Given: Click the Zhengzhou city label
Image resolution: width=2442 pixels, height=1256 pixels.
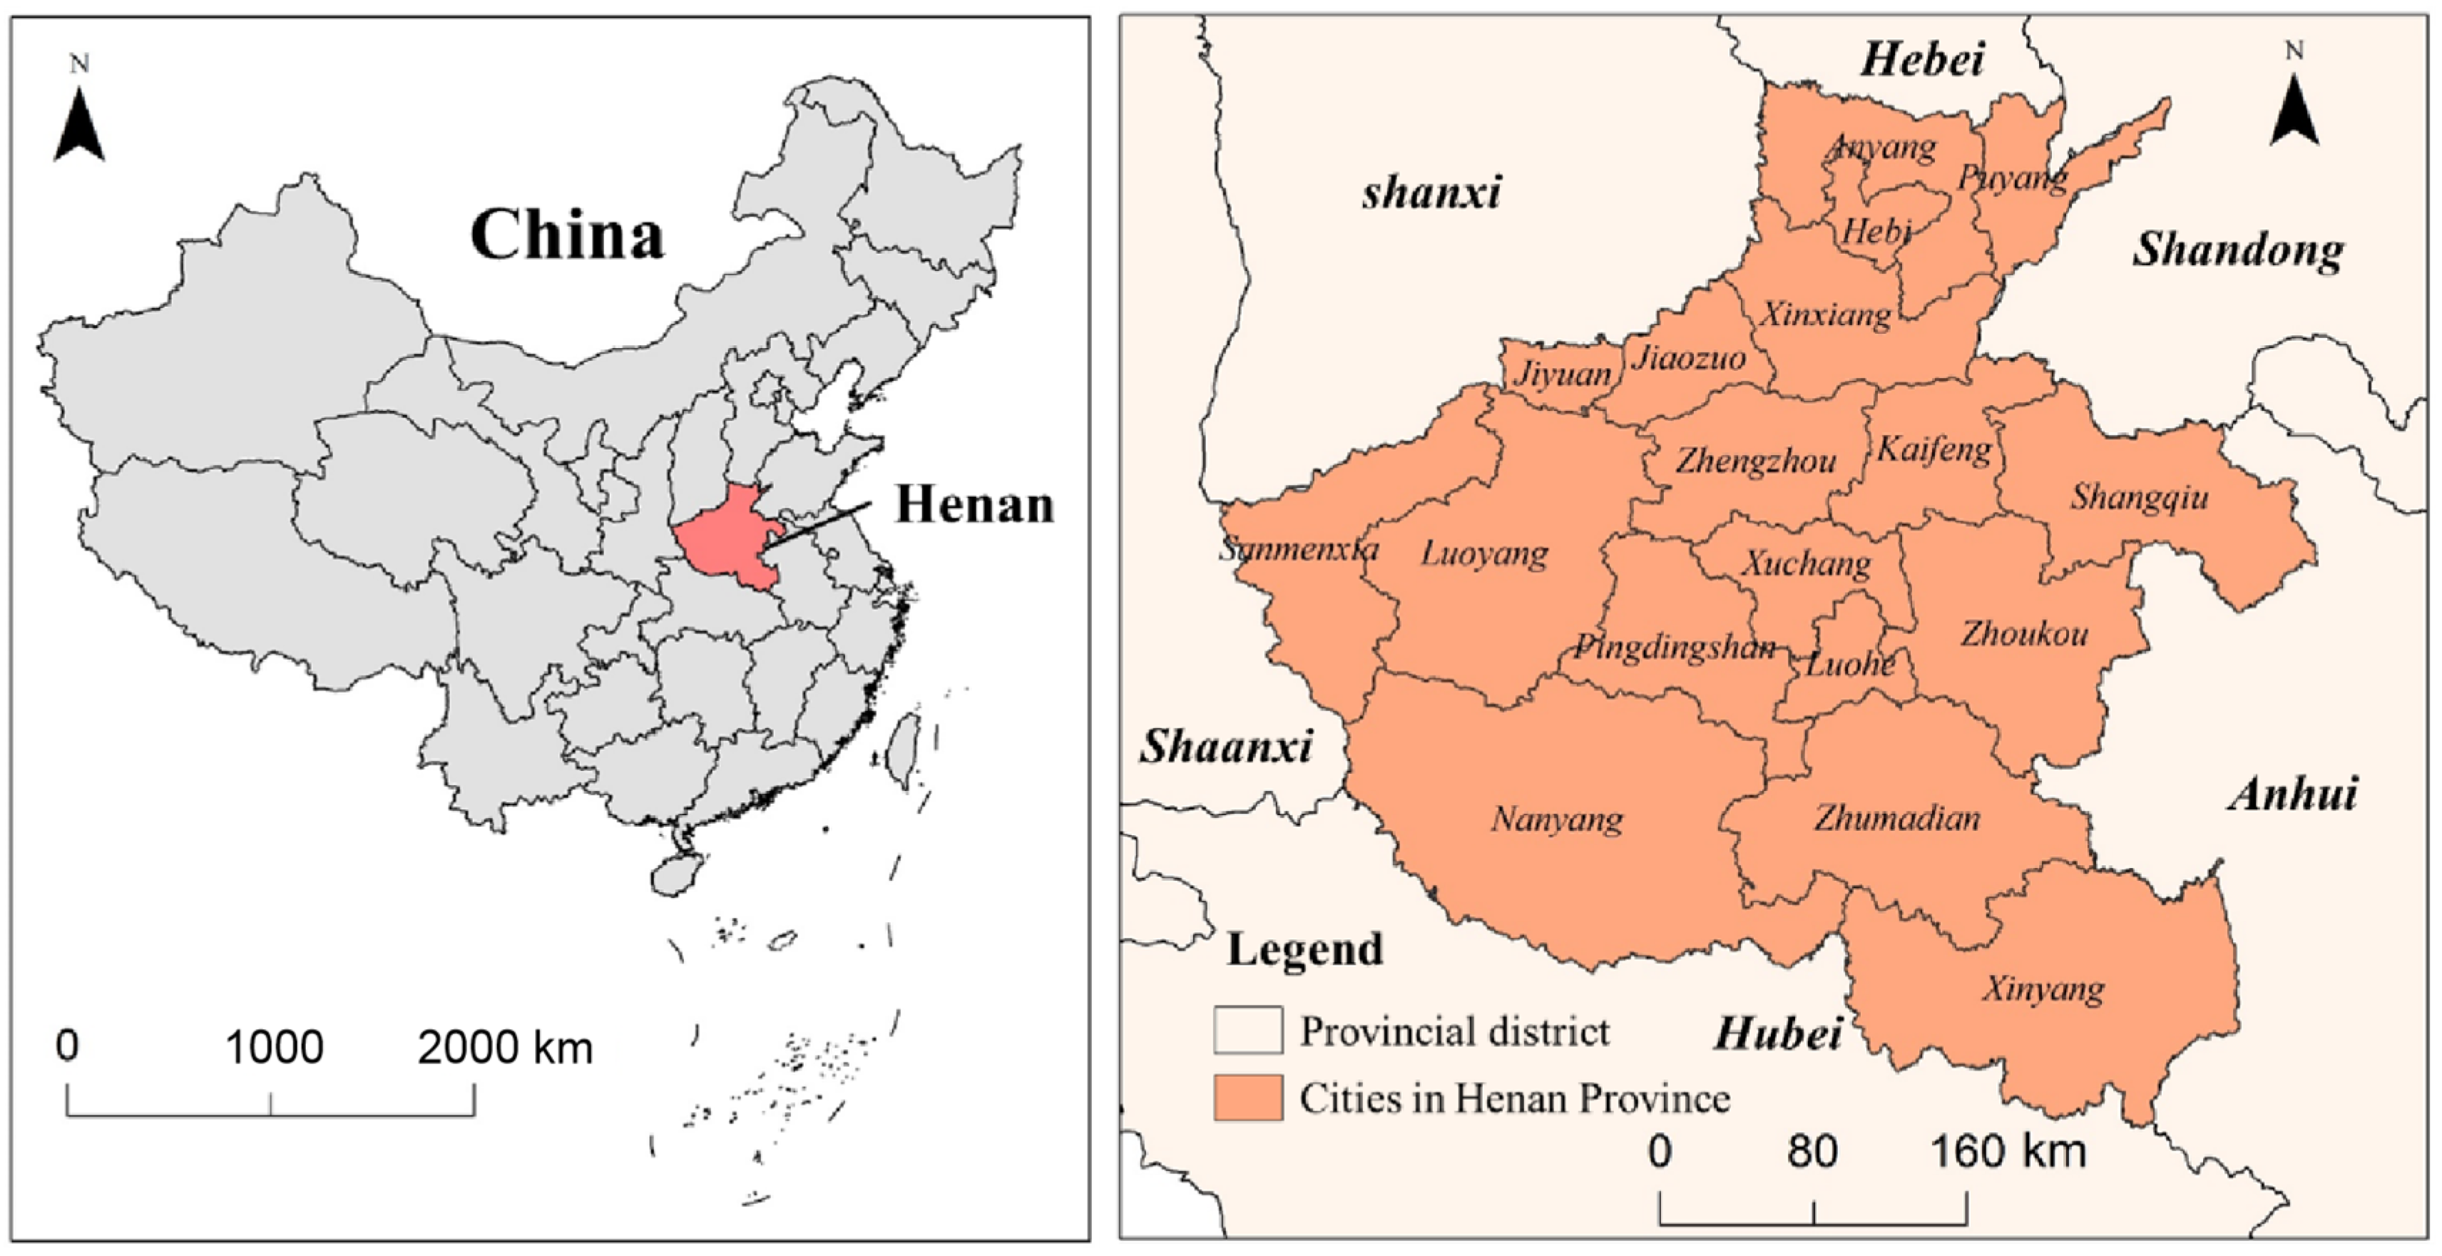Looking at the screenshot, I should (x=1756, y=461).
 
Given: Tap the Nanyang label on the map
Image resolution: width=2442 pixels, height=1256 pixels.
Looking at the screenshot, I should (x=1557, y=819).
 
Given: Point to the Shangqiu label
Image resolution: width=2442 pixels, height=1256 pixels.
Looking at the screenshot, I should (x=2139, y=496).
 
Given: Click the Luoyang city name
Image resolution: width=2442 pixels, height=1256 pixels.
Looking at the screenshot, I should (x=1483, y=553).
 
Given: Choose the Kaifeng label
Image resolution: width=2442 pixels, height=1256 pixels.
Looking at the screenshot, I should (x=1934, y=449).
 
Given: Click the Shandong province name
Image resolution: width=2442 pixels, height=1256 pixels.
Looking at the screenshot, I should (x=2238, y=250).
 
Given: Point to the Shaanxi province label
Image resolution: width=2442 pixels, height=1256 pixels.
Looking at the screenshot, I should (x=1226, y=747).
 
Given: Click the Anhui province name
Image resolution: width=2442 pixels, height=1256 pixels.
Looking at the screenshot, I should (x=2292, y=793).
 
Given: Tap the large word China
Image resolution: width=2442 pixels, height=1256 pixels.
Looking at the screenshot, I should (x=567, y=235).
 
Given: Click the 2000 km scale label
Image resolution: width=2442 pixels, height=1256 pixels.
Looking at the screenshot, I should (x=504, y=1048).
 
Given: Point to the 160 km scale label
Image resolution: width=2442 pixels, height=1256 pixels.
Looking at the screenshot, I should (x=2008, y=1152).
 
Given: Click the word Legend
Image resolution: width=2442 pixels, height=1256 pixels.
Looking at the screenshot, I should (x=1304, y=949).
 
